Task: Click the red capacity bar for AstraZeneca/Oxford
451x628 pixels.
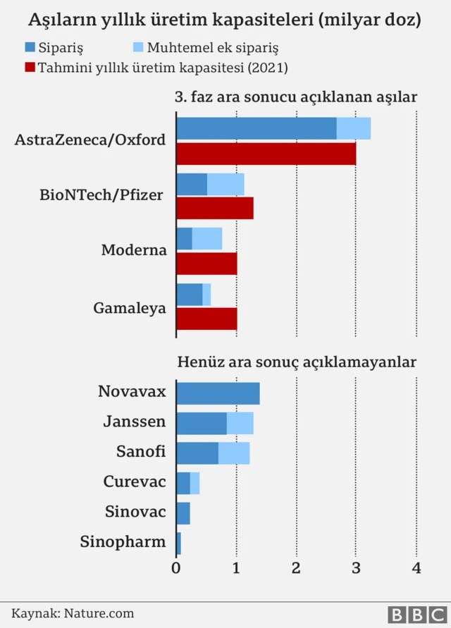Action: (x=266, y=154)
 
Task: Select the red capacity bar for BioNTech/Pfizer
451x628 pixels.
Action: (x=214, y=208)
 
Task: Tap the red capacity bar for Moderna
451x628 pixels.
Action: (x=206, y=263)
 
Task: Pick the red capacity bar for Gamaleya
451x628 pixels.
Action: (x=206, y=318)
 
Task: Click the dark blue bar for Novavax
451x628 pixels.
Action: (x=218, y=393)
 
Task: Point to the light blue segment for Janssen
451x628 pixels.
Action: (x=240, y=424)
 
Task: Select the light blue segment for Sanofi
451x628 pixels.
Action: (x=234, y=453)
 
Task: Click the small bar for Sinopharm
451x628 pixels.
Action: (x=178, y=543)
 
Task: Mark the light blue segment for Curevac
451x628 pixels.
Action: (x=194, y=484)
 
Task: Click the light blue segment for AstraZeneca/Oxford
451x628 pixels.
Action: (x=353, y=128)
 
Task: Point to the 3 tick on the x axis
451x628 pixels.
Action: (x=357, y=567)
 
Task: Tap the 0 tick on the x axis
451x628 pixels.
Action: (x=176, y=567)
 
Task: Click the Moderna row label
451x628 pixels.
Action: (x=134, y=250)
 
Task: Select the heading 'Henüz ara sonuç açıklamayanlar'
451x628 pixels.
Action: (x=296, y=362)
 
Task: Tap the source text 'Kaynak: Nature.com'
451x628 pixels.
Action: (x=73, y=613)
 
